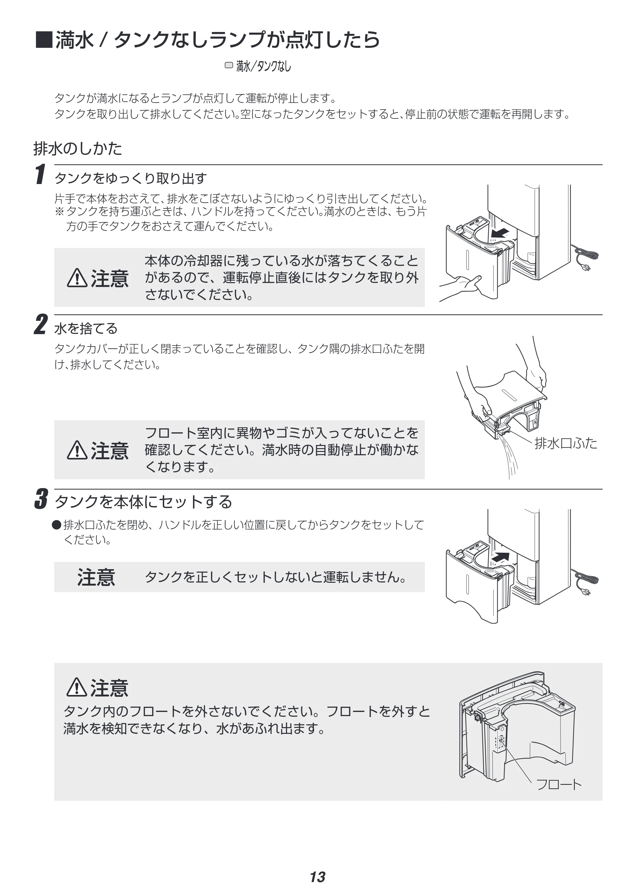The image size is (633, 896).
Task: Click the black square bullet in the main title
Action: (x=44, y=40)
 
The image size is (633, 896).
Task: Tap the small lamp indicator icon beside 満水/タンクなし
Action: (x=229, y=65)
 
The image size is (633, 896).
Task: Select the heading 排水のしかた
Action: (x=78, y=149)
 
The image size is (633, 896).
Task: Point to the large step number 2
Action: (x=40, y=324)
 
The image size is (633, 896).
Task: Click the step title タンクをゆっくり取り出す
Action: (x=131, y=178)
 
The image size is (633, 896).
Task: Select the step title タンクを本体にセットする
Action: (x=143, y=502)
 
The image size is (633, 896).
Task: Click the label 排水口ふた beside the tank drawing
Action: (x=566, y=443)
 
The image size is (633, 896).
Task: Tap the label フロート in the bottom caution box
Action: (x=559, y=785)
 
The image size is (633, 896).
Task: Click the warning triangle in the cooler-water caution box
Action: (x=77, y=278)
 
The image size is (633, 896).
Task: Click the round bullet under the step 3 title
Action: (x=57, y=525)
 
